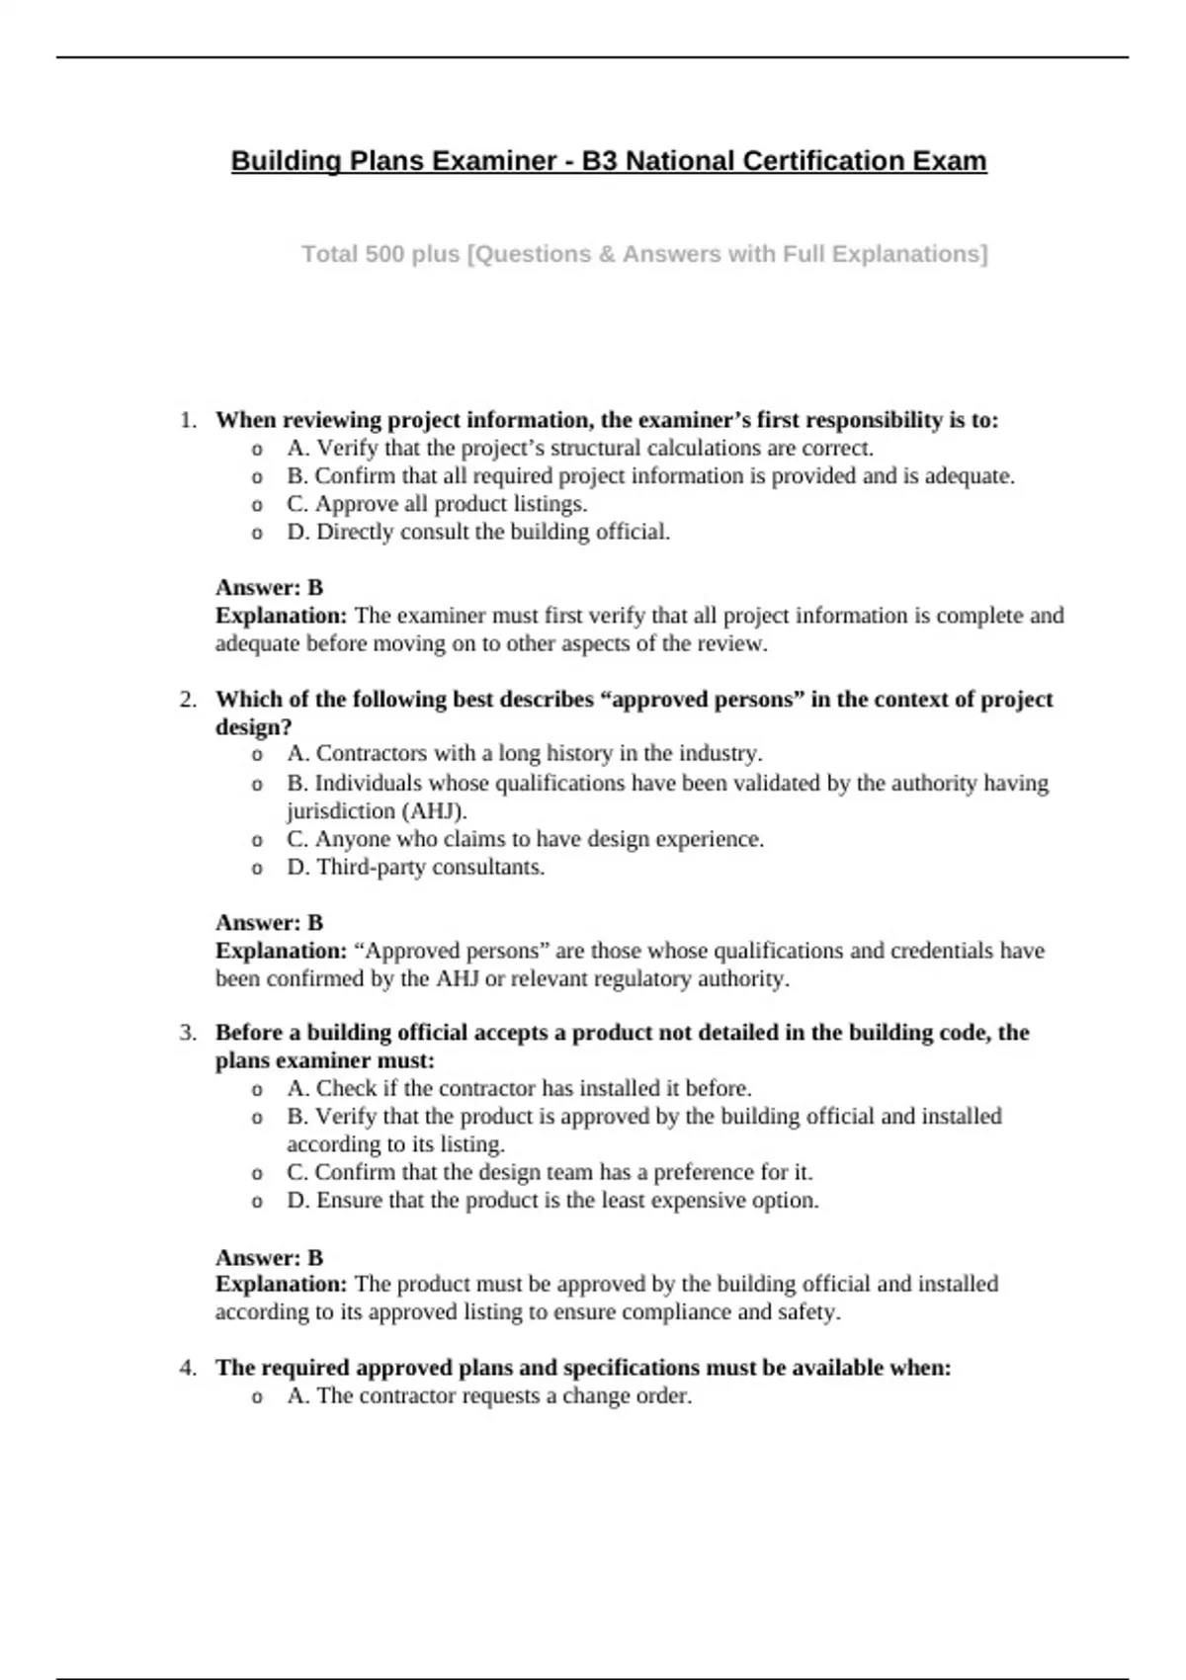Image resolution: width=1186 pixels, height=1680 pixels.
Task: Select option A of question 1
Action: [x=580, y=449]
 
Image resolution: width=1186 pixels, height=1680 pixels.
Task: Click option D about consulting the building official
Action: [x=478, y=533]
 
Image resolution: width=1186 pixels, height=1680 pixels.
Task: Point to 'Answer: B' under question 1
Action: [x=269, y=588]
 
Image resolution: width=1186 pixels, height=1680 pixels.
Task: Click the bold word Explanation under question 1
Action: [x=281, y=616]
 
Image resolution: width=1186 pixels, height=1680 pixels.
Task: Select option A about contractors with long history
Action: [x=524, y=754]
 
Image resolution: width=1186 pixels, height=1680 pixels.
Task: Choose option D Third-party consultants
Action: [x=416, y=868]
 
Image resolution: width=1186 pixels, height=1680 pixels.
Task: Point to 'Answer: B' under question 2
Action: [x=269, y=923]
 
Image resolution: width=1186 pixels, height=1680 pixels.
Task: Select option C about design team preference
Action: [x=550, y=1173]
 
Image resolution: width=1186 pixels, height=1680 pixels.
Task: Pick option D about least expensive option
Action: [x=552, y=1201]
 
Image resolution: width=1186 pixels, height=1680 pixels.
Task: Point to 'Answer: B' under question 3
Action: [x=269, y=1258]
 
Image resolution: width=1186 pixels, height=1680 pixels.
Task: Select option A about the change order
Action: [x=489, y=1396]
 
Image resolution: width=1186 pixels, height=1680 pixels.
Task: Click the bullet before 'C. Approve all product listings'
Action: [x=257, y=506]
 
